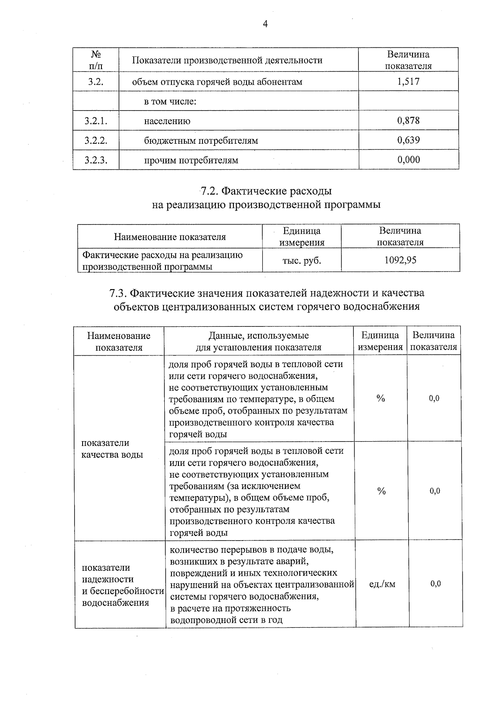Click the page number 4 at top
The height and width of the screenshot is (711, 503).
coord(265,24)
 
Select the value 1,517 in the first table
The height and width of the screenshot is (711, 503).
coord(408,81)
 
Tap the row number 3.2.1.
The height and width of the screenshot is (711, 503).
coord(96,121)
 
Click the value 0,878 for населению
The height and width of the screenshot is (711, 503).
coord(408,121)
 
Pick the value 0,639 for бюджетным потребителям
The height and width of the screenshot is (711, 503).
coord(408,140)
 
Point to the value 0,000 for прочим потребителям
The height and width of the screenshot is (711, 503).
coord(408,160)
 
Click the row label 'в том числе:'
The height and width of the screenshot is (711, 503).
coord(171,101)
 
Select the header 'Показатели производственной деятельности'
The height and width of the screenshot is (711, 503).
coord(227,60)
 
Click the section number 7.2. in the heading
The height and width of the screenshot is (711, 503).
coord(208,191)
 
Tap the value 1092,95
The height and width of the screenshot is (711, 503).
coord(400,260)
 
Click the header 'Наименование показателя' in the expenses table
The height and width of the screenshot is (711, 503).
coord(170,237)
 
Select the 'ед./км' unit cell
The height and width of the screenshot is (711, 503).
coord(382,584)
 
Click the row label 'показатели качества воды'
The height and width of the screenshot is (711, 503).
coord(112,449)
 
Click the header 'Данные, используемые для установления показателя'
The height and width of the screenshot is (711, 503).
coord(259,341)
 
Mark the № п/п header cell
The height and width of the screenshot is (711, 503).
coord(96,60)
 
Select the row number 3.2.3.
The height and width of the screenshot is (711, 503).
coord(96,160)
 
